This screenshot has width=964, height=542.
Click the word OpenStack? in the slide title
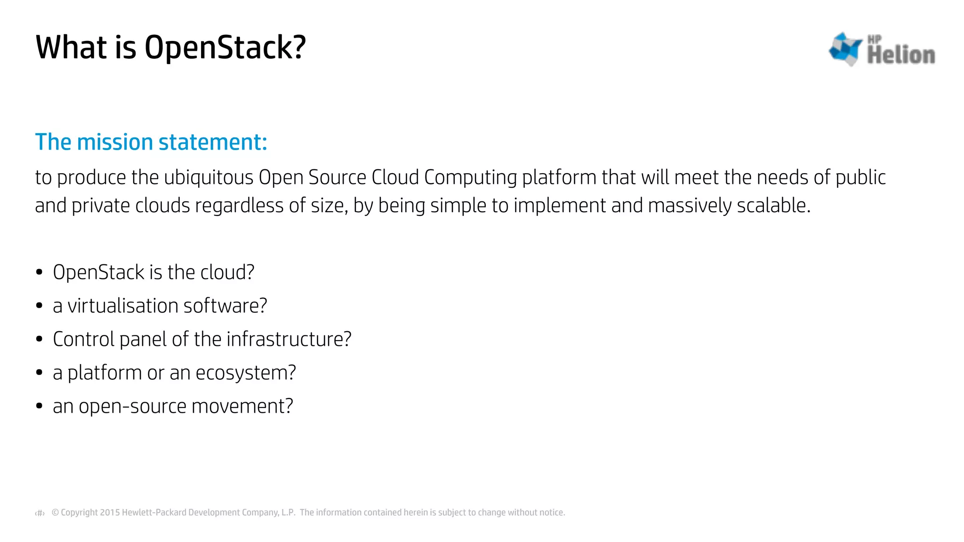(x=225, y=48)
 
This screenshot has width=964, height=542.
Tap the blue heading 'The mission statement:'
(x=151, y=142)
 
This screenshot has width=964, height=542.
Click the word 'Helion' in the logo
(x=901, y=55)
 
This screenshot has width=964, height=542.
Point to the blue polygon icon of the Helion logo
(x=845, y=49)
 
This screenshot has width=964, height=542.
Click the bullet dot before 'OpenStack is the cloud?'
(x=40, y=272)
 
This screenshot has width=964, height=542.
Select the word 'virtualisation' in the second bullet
(x=123, y=306)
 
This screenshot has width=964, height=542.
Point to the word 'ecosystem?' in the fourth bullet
(x=246, y=373)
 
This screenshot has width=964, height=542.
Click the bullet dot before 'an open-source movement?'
(x=40, y=406)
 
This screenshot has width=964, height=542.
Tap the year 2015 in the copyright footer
(x=110, y=512)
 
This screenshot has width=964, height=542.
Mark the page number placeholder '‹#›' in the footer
(x=40, y=513)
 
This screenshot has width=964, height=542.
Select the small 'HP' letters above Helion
(x=874, y=39)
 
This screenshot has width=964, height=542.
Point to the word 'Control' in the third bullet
(x=83, y=339)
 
